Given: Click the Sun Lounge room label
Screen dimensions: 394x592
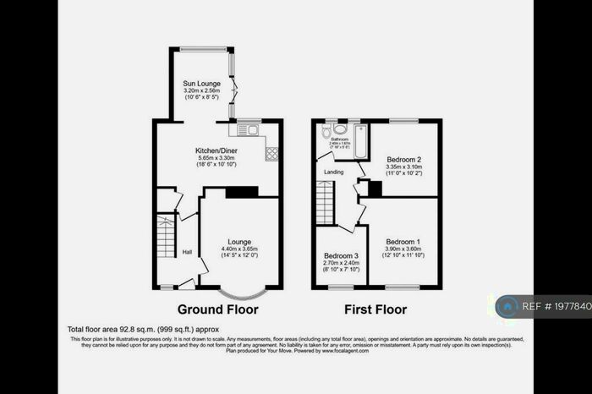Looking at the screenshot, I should (x=201, y=83).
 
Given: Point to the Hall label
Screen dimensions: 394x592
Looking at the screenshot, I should (x=188, y=252).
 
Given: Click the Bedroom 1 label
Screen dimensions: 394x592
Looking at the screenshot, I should (x=403, y=242).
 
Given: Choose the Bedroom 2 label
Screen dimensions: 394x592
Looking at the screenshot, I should (x=403, y=159).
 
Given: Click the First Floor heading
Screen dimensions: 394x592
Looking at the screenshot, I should (x=376, y=309).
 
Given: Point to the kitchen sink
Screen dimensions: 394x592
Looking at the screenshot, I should (x=248, y=129).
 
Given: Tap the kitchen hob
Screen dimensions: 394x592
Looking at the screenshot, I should (x=272, y=153).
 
